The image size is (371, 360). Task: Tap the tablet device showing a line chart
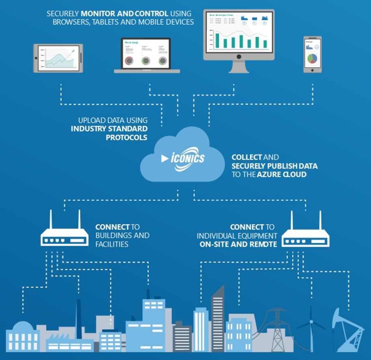58,58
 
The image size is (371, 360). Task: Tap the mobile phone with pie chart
312,54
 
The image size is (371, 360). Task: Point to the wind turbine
311,330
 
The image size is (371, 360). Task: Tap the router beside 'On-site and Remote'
306,237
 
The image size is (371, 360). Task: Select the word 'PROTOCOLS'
127,137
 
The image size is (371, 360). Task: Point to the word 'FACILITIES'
112,244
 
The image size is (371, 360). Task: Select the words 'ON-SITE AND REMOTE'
238,244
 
